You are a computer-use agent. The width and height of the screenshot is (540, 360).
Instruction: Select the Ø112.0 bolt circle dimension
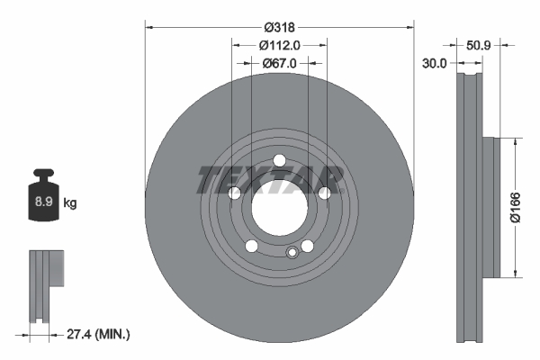[279, 45]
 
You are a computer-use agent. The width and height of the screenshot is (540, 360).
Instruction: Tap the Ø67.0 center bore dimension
[279, 63]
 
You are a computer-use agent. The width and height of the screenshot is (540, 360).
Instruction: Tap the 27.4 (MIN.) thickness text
[99, 334]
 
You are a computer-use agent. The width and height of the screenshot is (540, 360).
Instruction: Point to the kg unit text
[71, 203]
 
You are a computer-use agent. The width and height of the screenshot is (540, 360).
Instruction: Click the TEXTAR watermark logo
[270, 179]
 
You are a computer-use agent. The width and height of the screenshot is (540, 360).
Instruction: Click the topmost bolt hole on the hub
[279, 161]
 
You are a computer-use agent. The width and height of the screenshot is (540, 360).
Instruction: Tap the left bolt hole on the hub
[234, 193]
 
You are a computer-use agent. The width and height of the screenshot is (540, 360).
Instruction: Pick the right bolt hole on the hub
[324, 193]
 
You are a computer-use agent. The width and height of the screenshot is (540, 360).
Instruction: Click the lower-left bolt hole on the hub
[251, 247]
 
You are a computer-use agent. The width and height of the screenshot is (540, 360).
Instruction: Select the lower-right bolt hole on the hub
[307, 247]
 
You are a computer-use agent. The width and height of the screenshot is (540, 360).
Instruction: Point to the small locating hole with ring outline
[291, 253]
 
